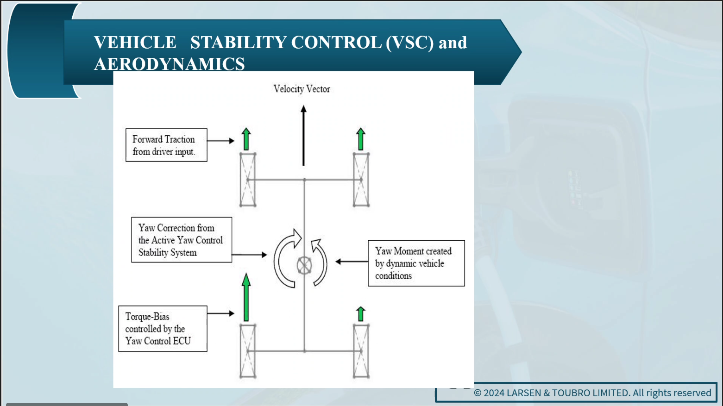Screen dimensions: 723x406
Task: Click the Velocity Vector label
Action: coord(302,89)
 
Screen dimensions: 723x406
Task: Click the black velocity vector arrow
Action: coord(303,136)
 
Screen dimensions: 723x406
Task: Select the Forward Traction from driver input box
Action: coord(166,145)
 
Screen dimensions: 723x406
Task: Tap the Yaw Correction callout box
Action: coord(182,240)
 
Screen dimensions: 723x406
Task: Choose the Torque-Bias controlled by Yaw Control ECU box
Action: coord(163,329)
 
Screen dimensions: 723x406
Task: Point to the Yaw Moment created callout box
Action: coord(416,263)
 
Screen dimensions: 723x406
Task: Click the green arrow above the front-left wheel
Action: coord(246,139)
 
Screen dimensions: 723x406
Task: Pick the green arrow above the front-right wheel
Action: coord(361,139)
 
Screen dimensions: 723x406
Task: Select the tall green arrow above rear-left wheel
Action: coord(246,297)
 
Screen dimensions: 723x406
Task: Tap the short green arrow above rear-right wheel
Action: coord(361,314)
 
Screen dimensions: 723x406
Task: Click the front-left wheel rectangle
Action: coord(248,180)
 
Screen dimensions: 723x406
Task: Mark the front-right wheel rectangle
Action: coord(361,180)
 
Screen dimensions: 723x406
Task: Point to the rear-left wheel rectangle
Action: coord(248,351)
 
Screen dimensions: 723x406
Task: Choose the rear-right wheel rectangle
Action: coord(361,351)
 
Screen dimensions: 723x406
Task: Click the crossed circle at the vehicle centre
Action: coord(304,265)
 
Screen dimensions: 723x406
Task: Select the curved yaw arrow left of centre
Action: coord(277,258)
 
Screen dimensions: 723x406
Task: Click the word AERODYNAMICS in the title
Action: coord(170,63)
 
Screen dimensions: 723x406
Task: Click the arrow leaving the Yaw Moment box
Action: coord(352,262)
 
